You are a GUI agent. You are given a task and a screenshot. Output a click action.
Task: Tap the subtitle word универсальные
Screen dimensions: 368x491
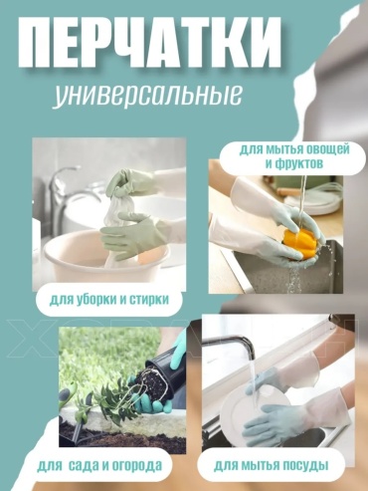coord(147,96)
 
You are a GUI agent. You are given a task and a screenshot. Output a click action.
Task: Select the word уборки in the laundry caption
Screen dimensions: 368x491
coord(95,300)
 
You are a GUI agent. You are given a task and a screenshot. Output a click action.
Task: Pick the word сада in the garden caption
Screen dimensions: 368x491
coord(84,465)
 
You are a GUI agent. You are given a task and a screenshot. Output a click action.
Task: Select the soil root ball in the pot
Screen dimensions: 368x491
coord(153,381)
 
